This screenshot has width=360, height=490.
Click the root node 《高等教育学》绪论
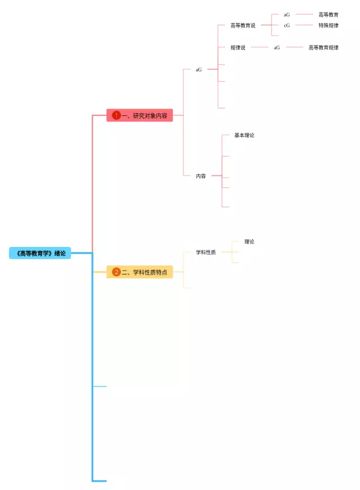pyautogui.click(x=40, y=253)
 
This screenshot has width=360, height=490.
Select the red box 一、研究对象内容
pyautogui.click(x=140, y=115)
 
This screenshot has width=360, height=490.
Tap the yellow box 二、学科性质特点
pyautogui.click(x=140, y=272)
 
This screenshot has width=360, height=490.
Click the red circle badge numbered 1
pyautogui.click(x=116, y=115)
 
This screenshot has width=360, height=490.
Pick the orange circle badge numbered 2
pyautogui.click(x=116, y=272)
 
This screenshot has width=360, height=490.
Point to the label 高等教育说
pyautogui.click(x=242, y=25)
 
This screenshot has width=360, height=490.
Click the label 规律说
pyautogui.click(x=238, y=48)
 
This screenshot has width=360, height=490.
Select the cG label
pyautogui.click(x=287, y=25)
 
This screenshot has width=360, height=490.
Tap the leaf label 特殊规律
pyautogui.click(x=328, y=25)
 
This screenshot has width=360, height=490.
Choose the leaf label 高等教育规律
pyautogui.click(x=323, y=48)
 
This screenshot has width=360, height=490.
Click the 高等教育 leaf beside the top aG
pyautogui.click(x=328, y=15)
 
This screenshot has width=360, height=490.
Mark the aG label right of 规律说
pyautogui.click(x=277, y=48)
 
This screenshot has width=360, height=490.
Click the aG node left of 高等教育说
pyautogui.click(x=199, y=70)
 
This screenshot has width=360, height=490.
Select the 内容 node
pyautogui.click(x=201, y=176)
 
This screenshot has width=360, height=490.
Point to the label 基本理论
pyautogui.click(x=244, y=136)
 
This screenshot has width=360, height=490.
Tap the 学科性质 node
pyautogui.click(x=206, y=253)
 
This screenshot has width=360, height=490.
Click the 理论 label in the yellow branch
pyautogui.click(x=249, y=242)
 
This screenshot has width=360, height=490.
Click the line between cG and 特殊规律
pyautogui.click(x=304, y=25)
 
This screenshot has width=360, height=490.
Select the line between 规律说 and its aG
pyautogui.click(x=260, y=47)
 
